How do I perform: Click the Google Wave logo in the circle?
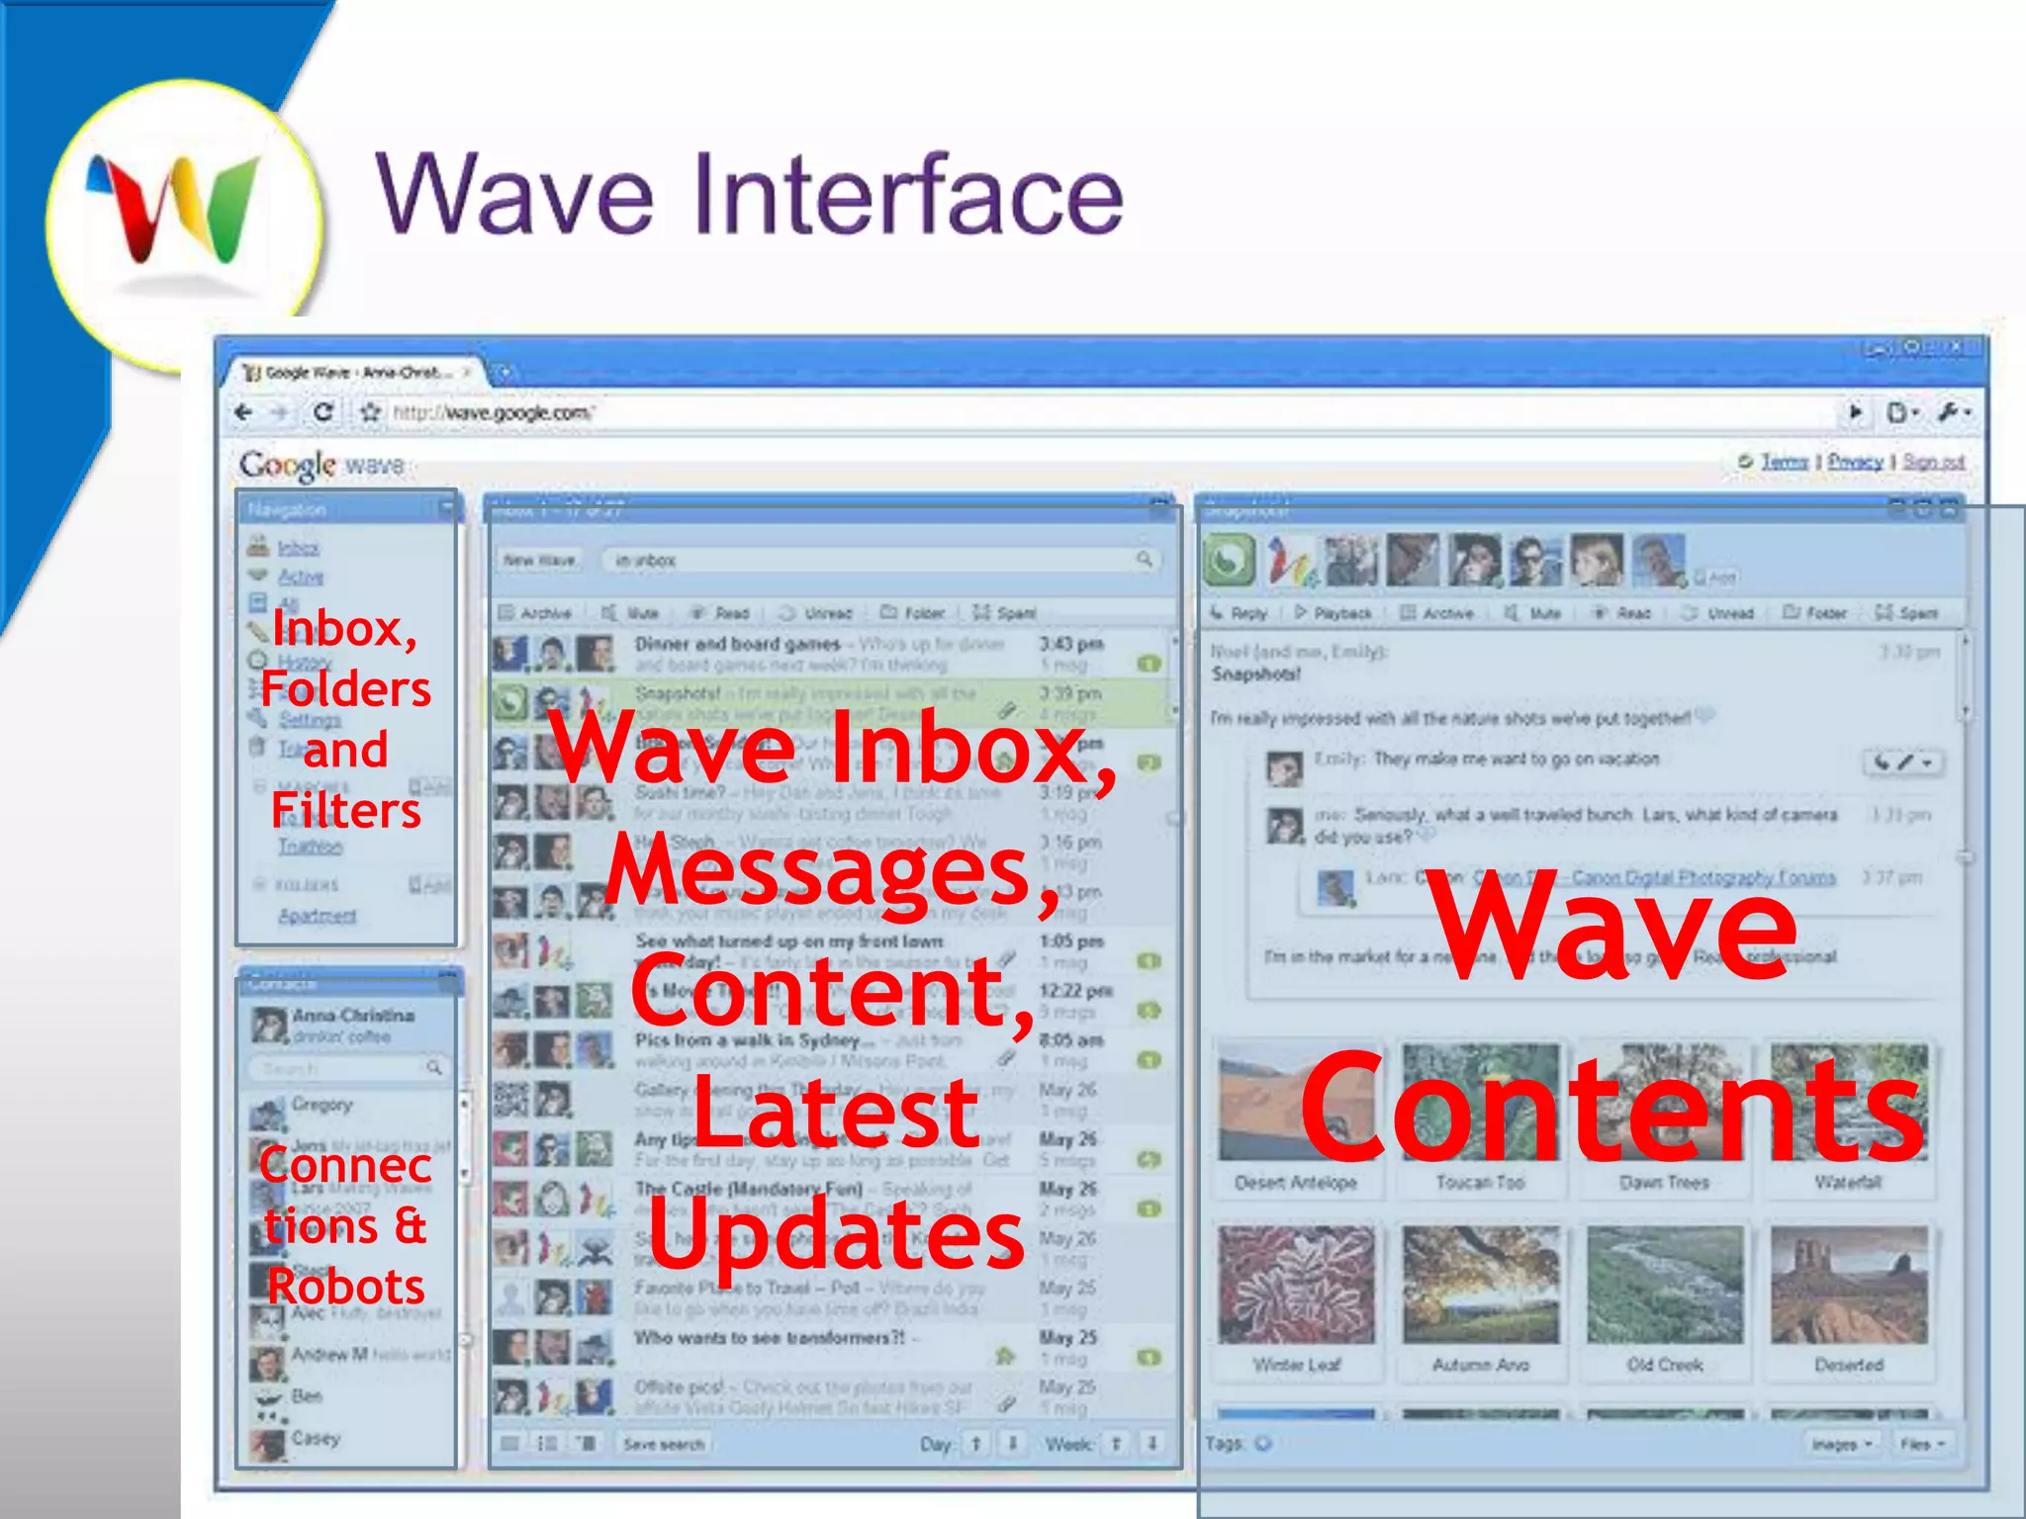coord(178,213)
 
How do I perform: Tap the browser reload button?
coord(322,412)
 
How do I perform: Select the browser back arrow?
coord(244,412)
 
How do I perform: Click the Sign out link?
coord(1933,462)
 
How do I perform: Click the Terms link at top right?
coord(1784,462)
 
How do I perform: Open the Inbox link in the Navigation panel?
coord(298,548)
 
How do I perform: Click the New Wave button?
coord(539,560)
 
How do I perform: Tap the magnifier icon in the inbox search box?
coord(1145,560)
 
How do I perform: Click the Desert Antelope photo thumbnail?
coord(1296,1103)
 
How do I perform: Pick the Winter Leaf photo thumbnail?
coord(1296,1286)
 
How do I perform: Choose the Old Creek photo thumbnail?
coord(1665,1286)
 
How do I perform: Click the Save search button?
coord(664,1444)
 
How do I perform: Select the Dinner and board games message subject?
coord(737,644)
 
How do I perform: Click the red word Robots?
coord(346,1286)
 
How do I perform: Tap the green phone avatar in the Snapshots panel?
coord(1229,561)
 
